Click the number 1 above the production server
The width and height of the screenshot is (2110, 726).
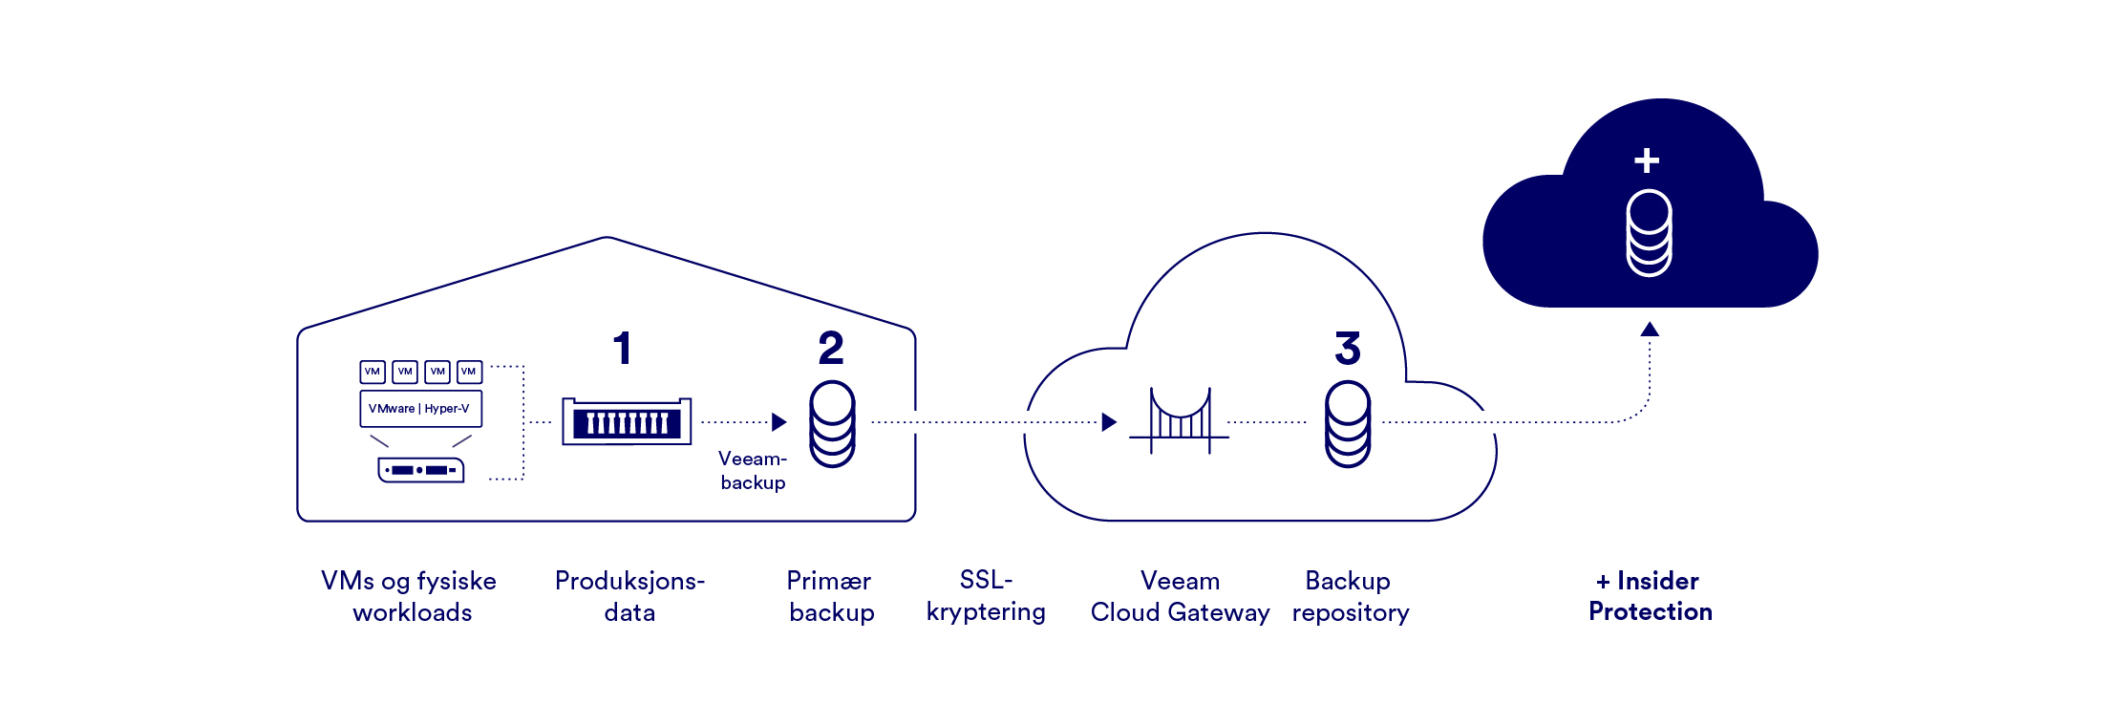coord(623,349)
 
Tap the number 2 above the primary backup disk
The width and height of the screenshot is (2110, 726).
coord(831,349)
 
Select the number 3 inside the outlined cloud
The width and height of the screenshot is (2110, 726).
coord(1347,349)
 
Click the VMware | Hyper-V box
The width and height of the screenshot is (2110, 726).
coord(420,409)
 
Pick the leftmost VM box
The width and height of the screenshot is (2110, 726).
coord(373,372)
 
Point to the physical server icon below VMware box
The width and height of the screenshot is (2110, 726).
coord(421,470)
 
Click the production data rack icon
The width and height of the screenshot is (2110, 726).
coord(627,422)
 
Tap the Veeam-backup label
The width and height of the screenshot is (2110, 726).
coord(753,470)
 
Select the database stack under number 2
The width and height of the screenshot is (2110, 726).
coord(832,424)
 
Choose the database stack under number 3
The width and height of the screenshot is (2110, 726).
coord(1348,424)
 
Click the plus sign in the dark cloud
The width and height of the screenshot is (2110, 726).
coord(1647,160)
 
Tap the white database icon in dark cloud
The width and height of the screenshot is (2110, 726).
coord(1649,233)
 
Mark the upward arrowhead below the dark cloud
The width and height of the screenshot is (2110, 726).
coord(1650,330)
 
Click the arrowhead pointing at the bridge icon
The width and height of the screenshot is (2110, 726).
coord(1109,422)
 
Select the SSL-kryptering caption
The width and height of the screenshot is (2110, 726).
coord(986,596)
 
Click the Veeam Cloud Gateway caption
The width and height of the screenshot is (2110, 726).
coord(1180,596)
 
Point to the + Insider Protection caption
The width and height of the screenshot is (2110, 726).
coord(1650,596)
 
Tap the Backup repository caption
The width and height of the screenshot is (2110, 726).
coord(1350,596)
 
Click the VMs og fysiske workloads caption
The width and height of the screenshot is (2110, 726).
coord(410,596)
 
